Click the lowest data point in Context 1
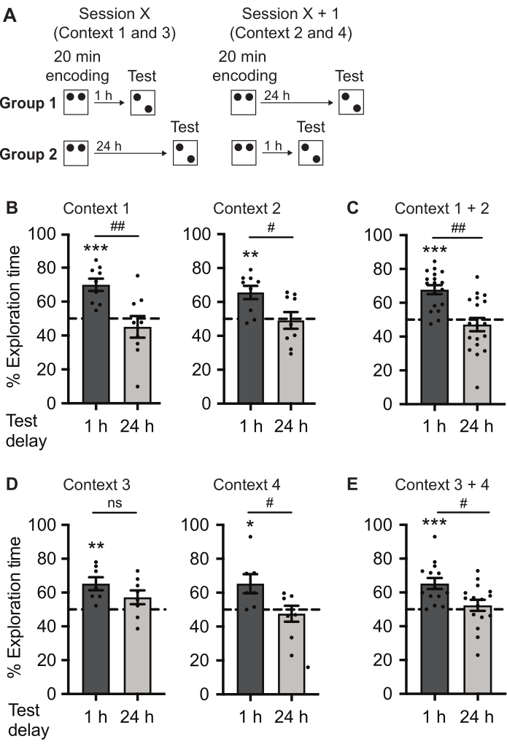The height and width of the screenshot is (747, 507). click(x=136, y=387)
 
